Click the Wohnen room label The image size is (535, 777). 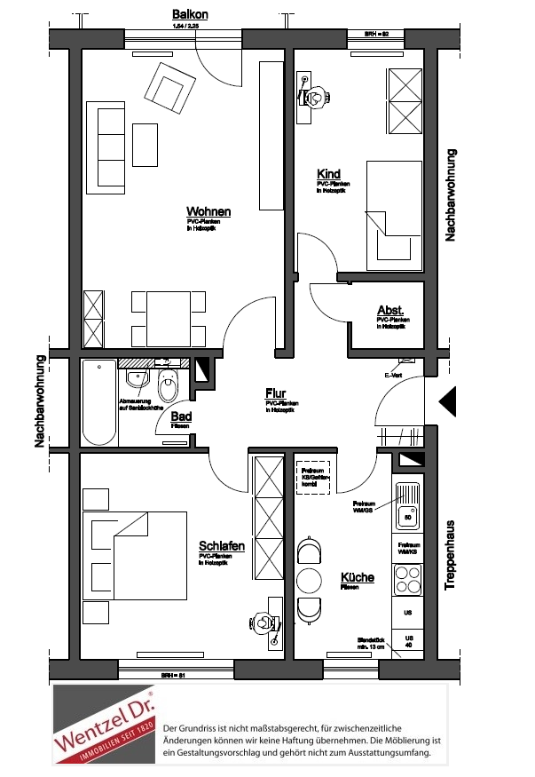(208, 212)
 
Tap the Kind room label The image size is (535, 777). (328, 174)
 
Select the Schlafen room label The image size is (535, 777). (222, 545)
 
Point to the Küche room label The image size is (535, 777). (358, 577)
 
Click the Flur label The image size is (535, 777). (275, 392)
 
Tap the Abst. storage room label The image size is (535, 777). (389, 311)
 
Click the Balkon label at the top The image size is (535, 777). (191, 15)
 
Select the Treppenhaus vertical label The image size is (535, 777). (450, 555)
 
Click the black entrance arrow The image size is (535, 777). (448, 402)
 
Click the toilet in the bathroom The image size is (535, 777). (167, 386)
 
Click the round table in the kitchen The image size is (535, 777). (310, 581)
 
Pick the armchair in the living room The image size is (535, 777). (171, 87)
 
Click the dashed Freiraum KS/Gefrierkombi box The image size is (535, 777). (311, 477)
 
